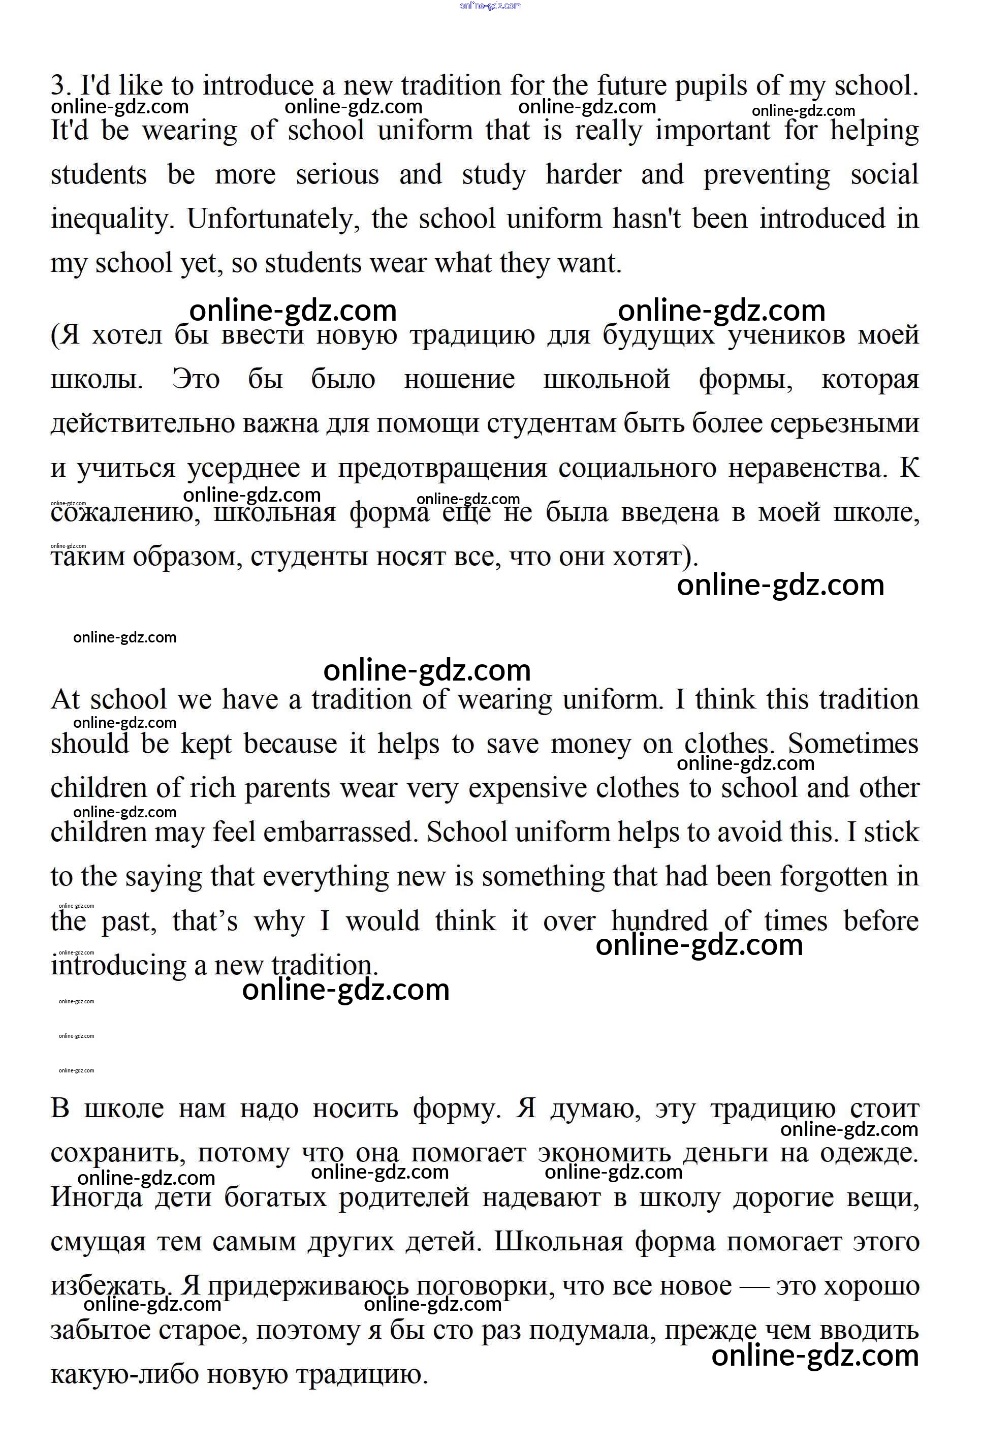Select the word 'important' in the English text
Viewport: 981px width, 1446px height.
pyautogui.click(x=712, y=131)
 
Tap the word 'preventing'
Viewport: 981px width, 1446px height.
pyautogui.click(x=767, y=175)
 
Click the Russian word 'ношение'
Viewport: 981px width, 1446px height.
pyautogui.click(x=459, y=379)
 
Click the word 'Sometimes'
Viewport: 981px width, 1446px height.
pyautogui.click(x=853, y=744)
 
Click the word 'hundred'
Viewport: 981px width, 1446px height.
pyautogui.click(x=659, y=921)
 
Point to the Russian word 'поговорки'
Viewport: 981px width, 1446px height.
pyautogui.click(x=485, y=1286)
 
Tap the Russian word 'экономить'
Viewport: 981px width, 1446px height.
pyautogui.click(x=604, y=1153)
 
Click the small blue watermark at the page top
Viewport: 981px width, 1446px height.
pyautogui.click(x=490, y=6)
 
